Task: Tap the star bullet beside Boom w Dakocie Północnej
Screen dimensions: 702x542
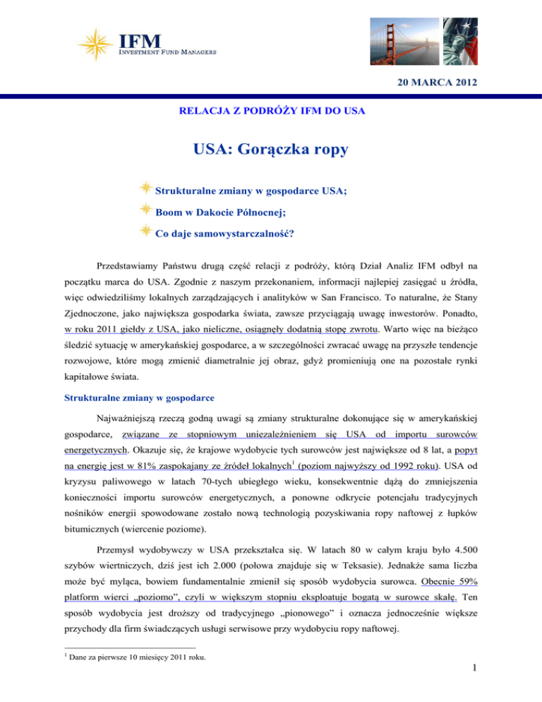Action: coord(145,210)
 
